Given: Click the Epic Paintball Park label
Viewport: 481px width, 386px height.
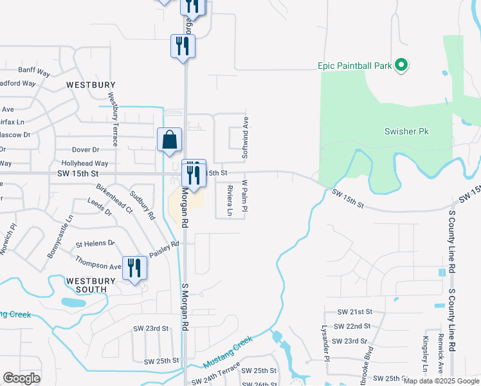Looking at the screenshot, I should (354, 66).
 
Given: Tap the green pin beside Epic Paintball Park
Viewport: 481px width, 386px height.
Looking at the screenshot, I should (401, 65).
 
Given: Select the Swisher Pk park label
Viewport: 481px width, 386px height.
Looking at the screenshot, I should (406, 131).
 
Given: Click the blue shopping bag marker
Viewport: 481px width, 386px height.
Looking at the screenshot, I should (170, 140).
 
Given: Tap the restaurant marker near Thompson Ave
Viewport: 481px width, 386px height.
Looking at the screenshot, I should (134, 267).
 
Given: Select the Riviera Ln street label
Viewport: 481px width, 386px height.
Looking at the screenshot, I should (230, 200).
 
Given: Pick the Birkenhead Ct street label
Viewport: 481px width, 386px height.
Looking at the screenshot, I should (114, 200).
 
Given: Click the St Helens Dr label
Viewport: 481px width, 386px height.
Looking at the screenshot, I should (95, 244).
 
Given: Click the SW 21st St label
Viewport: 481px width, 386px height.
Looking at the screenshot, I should (354, 311).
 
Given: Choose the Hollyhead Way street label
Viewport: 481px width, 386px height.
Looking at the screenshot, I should (85, 164).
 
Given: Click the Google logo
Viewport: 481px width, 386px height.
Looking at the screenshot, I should (21, 378).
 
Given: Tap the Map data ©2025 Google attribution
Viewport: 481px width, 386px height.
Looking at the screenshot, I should (441, 381).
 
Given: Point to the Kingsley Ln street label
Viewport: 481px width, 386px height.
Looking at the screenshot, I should (425, 355).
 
